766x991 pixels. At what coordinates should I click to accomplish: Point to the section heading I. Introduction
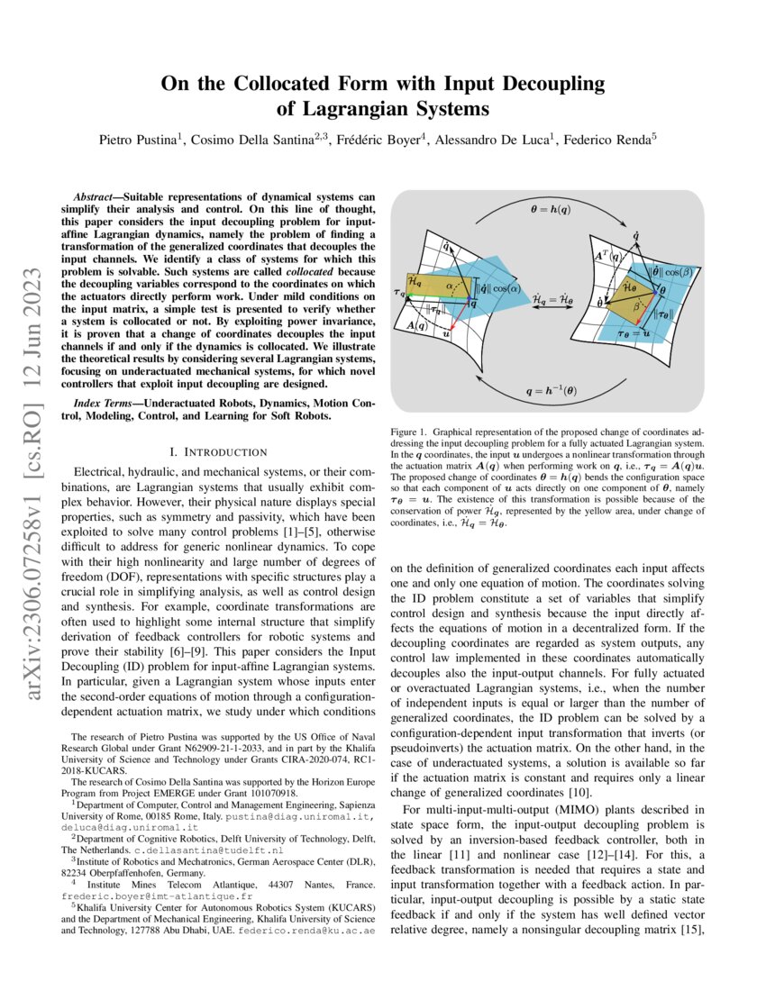pyautogui.click(x=222, y=451)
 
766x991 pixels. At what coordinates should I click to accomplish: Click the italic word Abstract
pyautogui.click(x=96, y=195)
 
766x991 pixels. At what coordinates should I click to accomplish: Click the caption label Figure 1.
pyautogui.click(x=410, y=432)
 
